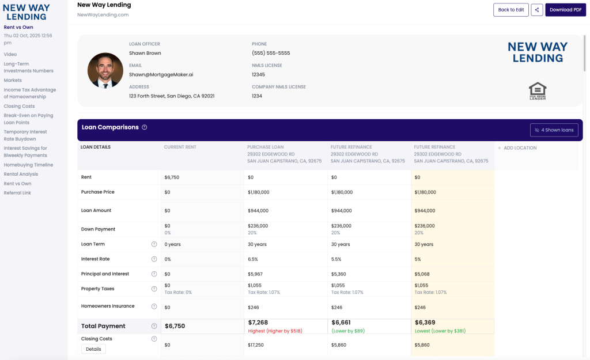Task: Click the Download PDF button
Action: (x=565, y=10)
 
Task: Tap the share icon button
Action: (x=536, y=10)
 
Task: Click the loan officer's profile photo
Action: (x=105, y=71)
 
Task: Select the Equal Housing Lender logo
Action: (x=537, y=91)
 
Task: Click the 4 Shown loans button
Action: (x=554, y=130)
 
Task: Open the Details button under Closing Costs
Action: (x=93, y=349)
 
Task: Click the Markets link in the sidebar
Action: (x=13, y=81)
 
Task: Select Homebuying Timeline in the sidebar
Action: (x=28, y=165)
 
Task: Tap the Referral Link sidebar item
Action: (x=17, y=193)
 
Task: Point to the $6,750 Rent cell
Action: (x=172, y=177)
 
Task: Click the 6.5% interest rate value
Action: (x=254, y=259)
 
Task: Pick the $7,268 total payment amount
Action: (x=258, y=323)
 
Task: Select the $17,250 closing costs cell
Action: (x=256, y=345)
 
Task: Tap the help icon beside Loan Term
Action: (x=154, y=244)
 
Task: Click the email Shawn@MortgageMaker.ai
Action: (x=161, y=74)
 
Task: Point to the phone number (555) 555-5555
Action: (x=271, y=53)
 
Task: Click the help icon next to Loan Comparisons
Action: (x=145, y=127)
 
